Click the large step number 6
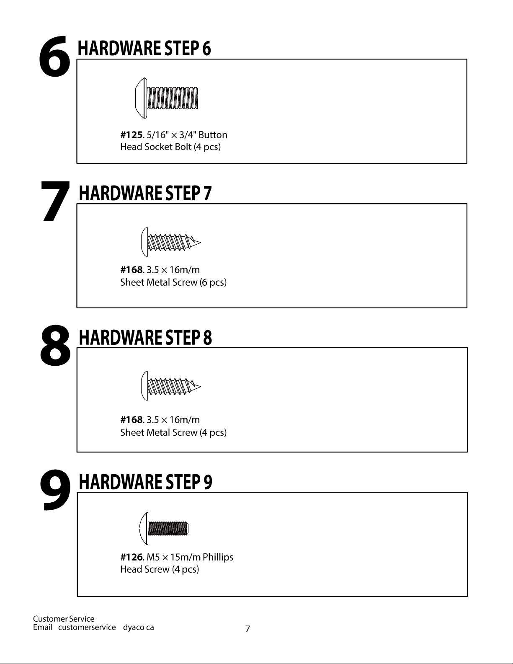[x=54, y=56]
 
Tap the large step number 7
[x=55, y=201]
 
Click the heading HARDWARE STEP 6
[x=144, y=48]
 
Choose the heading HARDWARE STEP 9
[x=145, y=482]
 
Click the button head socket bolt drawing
[x=167, y=98]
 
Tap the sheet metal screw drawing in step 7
[x=171, y=242]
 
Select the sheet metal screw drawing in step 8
[x=171, y=386]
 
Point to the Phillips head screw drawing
[x=164, y=528]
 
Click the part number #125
[x=131, y=135]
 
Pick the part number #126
[x=131, y=557]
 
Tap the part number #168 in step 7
[x=131, y=270]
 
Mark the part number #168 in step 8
[x=131, y=419]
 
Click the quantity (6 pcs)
[x=213, y=282]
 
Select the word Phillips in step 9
[x=218, y=557]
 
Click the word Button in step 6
[x=213, y=135]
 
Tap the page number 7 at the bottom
[x=247, y=629]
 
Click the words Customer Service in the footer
[x=64, y=619]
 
